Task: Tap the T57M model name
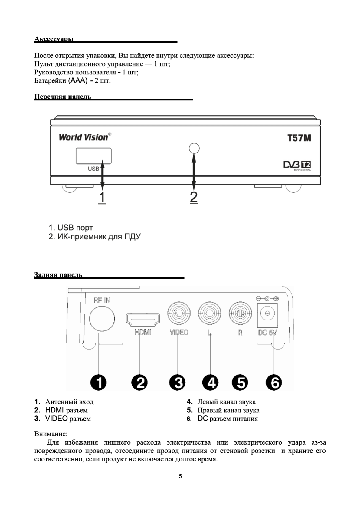(299, 138)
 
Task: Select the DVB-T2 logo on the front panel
(297, 165)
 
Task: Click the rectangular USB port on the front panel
(93, 156)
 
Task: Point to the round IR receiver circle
(194, 148)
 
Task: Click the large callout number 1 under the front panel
(102, 197)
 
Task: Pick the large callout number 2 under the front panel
(194, 197)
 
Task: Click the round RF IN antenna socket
(102, 319)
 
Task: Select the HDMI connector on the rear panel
(143, 320)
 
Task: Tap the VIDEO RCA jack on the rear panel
(179, 313)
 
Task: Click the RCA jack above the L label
(210, 313)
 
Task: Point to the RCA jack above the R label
(240, 313)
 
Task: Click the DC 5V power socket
(267, 314)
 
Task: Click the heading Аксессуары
(54, 39)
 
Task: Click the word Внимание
(51, 434)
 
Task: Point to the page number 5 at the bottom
(180, 476)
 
